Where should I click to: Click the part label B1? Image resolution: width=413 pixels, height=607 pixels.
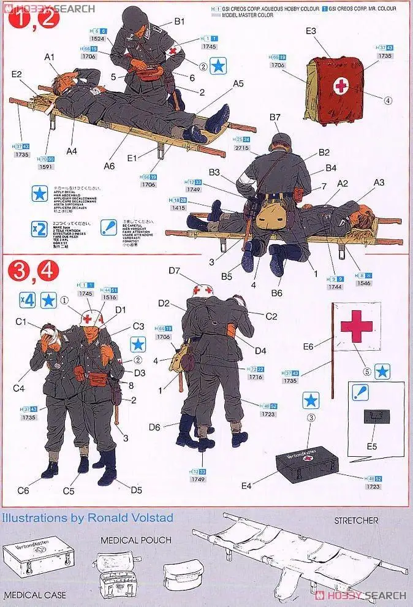(178, 21)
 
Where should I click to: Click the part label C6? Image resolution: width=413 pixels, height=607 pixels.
(23, 491)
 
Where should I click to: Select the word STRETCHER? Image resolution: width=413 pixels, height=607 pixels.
(356, 521)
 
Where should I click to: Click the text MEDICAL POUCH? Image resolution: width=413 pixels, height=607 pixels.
(136, 540)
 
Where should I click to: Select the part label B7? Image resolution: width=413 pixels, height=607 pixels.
(274, 117)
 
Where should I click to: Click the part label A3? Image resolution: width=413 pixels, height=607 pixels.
(379, 182)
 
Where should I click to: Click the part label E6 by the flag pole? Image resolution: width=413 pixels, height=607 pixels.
(308, 346)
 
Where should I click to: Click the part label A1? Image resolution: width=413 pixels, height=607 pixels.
(50, 57)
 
